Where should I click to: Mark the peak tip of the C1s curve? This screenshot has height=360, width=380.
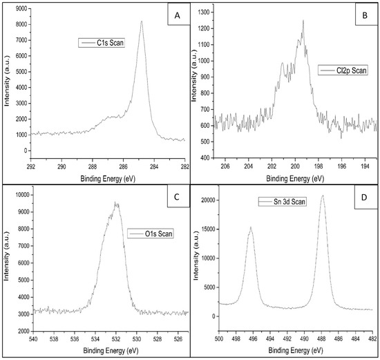tap(142, 21)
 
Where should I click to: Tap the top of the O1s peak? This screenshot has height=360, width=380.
tap(115, 202)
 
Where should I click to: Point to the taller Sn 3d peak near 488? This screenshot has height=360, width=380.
tap(322, 196)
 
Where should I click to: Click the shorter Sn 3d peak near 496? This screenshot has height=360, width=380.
tap(251, 227)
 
